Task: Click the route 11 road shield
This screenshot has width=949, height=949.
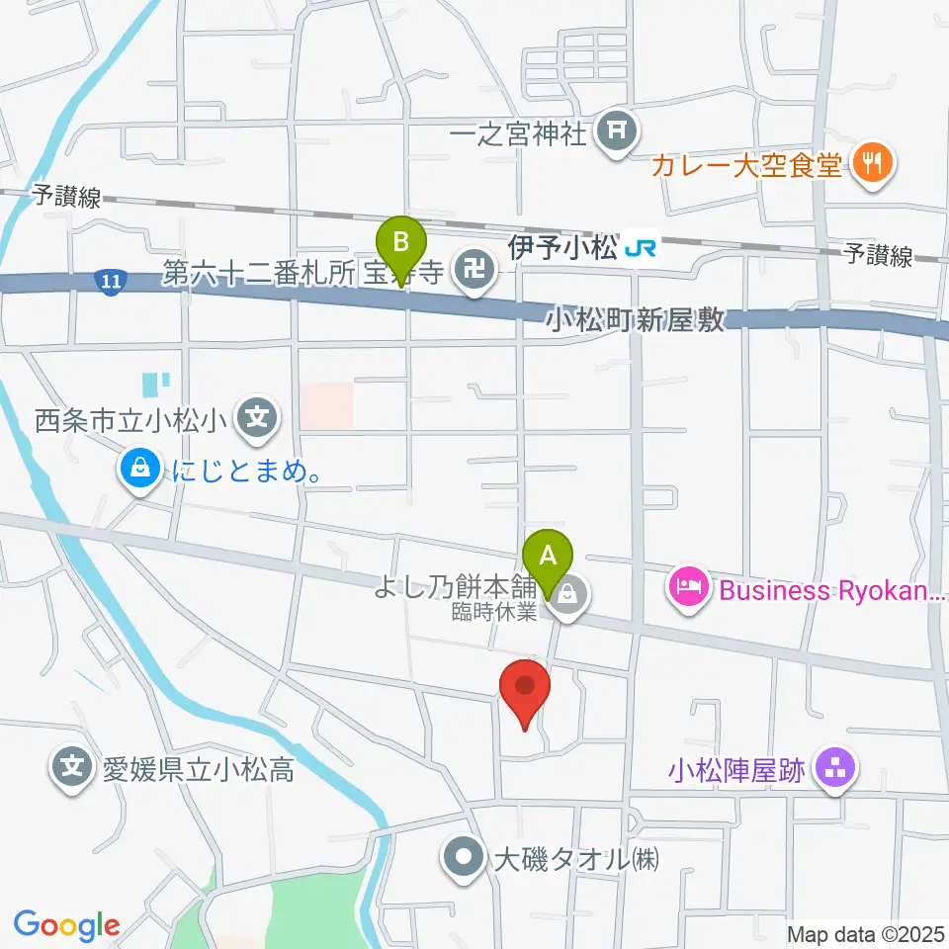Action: coord(111,282)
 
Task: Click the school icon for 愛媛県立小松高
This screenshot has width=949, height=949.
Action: coord(74,768)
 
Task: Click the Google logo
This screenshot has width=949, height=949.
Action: coord(66,923)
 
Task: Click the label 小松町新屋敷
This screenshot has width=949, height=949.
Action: coord(636,320)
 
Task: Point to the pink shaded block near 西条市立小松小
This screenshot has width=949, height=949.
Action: coord(325,405)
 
